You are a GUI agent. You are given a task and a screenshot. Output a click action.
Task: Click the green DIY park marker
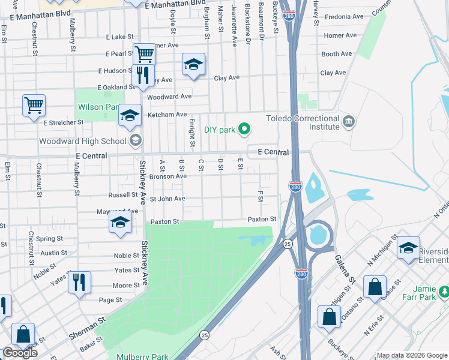pos(244,128)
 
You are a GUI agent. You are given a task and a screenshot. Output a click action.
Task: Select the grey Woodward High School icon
pos(136,142)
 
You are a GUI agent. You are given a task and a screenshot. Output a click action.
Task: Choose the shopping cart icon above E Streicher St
pos(34,105)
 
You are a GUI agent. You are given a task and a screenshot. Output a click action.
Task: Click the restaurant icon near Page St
pos(79,281)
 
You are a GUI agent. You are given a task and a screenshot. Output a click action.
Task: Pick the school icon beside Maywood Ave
pos(120,222)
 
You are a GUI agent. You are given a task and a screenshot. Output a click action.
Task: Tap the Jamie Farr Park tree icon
pos(444,292)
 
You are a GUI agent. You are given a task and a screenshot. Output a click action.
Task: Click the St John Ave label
pos(167,199)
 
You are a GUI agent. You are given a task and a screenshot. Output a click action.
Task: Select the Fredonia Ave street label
pos(344,17)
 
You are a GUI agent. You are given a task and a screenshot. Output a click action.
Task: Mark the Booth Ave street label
pos(336,54)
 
